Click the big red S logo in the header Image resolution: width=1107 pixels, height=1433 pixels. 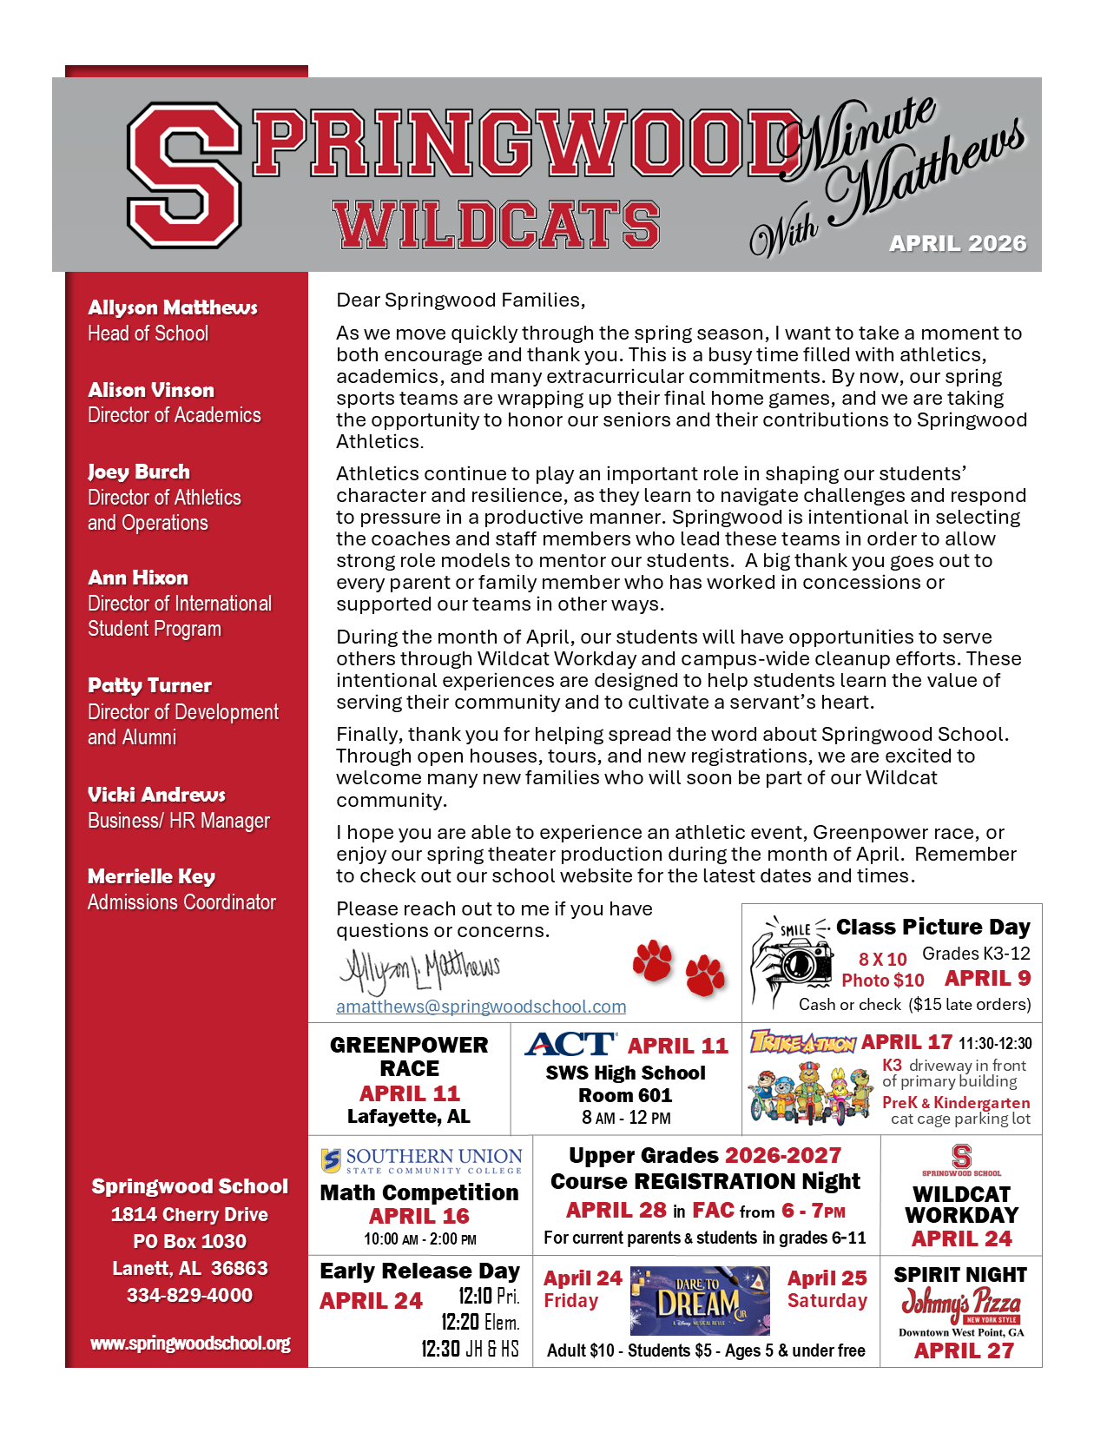tap(184, 175)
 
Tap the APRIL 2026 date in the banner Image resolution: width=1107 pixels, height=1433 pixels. tap(957, 244)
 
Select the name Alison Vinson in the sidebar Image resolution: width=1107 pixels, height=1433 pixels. tap(151, 390)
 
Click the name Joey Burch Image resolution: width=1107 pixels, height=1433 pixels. tap(139, 472)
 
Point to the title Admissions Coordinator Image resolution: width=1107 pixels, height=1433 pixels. tap(181, 902)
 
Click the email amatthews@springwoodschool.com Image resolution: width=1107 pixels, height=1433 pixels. tap(481, 1007)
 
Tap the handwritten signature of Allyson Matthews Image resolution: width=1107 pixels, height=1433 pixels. tap(420, 970)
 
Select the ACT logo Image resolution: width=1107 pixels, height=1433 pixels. tap(570, 1045)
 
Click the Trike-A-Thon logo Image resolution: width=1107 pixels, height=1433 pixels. tap(803, 1042)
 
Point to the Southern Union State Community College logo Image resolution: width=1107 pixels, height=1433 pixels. tap(422, 1160)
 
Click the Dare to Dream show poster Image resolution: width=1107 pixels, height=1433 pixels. tap(700, 1300)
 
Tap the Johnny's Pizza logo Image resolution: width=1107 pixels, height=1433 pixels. tap(960, 1304)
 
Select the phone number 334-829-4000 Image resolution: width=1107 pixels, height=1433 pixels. tap(189, 1295)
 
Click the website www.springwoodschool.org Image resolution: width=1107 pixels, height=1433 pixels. tap(190, 1344)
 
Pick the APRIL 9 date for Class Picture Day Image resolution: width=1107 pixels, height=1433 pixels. tap(987, 979)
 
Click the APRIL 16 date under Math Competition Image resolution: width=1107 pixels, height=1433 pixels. tap(419, 1217)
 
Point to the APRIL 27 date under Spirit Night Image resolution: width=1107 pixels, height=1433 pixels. tap(964, 1350)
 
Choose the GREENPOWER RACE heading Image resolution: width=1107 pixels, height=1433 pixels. tap(409, 1056)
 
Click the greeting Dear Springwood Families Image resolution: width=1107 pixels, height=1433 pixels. tap(460, 300)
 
